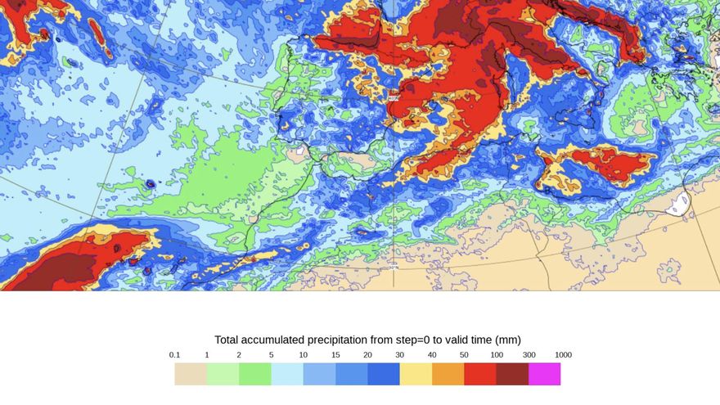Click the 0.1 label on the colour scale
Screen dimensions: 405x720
(174, 355)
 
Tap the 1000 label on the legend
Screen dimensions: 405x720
(562, 355)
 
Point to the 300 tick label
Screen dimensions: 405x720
(529, 355)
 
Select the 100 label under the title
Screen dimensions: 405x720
(497, 355)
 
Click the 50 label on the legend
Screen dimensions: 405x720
(464, 355)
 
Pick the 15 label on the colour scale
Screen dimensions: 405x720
(335, 355)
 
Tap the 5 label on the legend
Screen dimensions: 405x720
(271, 355)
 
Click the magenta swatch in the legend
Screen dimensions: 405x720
(545, 374)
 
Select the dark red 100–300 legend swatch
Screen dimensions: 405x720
(512, 374)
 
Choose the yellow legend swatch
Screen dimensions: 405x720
(416, 374)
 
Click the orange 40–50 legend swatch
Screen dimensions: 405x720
(448, 374)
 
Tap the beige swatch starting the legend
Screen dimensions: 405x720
(191, 374)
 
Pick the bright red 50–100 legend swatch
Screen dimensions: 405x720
(480, 374)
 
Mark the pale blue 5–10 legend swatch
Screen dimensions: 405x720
(287, 374)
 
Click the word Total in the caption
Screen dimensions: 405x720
(228, 340)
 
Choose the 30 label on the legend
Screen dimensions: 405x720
(400, 355)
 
